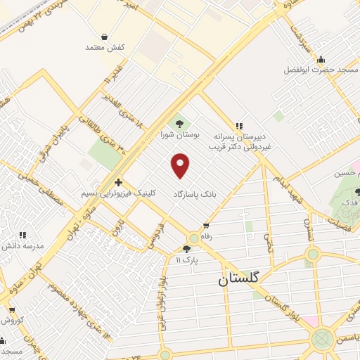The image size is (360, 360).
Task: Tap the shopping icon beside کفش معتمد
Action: pos(105,37)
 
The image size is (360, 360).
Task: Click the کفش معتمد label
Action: pos(105,47)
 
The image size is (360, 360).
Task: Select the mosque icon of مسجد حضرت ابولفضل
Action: pos(321,59)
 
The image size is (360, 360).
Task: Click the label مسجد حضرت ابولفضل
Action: pos(321,70)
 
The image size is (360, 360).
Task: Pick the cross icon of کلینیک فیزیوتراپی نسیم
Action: pos(118,181)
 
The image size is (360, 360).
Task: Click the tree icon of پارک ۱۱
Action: pos(186,249)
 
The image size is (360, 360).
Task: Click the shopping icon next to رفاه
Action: pos(205,226)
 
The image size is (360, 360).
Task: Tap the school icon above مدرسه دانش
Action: pos(22,235)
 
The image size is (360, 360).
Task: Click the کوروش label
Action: pos(11,321)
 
